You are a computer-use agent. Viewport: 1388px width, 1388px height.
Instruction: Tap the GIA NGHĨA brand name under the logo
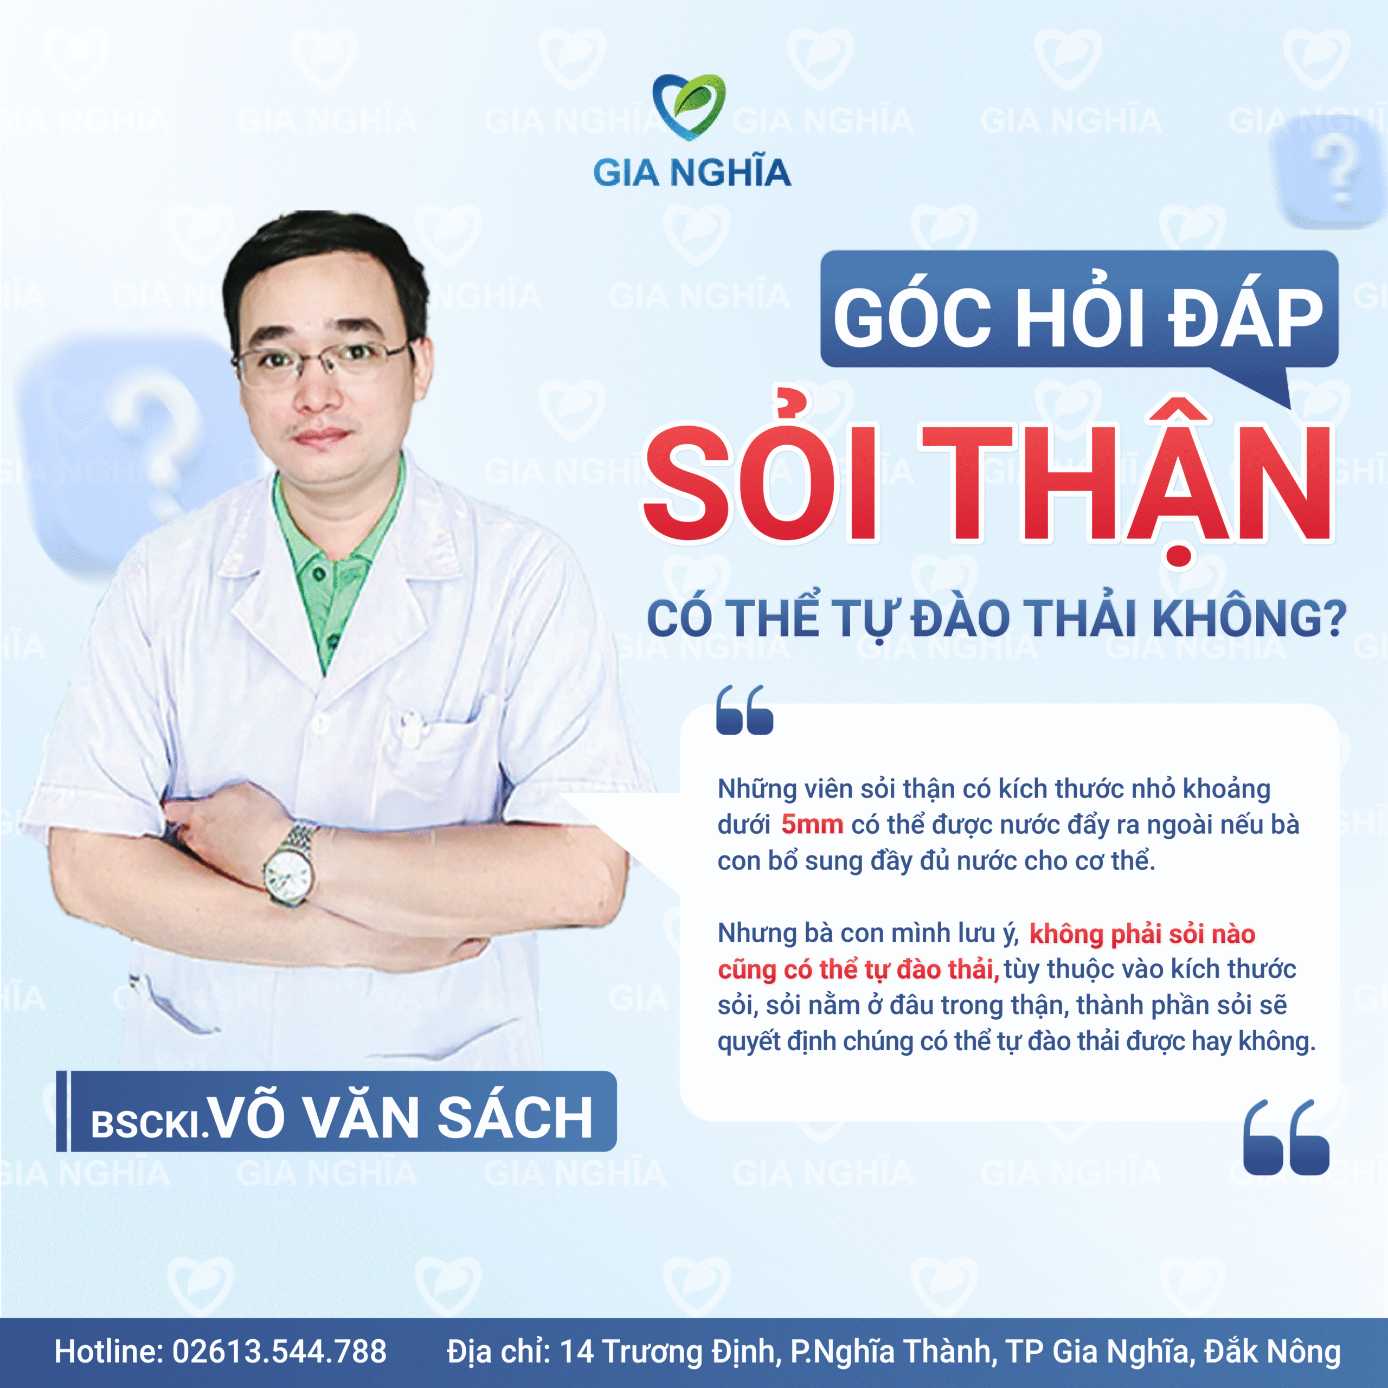(692, 173)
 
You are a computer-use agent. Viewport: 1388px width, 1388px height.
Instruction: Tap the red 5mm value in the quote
(812, 824)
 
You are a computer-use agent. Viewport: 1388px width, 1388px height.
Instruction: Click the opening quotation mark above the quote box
(744, 710)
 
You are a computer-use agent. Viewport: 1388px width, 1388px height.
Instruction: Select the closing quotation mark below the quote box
(1286, 1138)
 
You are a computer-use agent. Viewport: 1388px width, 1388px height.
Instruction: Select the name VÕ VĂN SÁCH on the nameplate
(403, 1117)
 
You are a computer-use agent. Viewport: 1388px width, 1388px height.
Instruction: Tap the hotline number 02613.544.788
(279, 1351)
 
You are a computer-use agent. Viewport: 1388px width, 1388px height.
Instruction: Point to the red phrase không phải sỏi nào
(1142, 934)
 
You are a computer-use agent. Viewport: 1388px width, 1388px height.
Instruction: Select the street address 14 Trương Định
(668, 1351)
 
